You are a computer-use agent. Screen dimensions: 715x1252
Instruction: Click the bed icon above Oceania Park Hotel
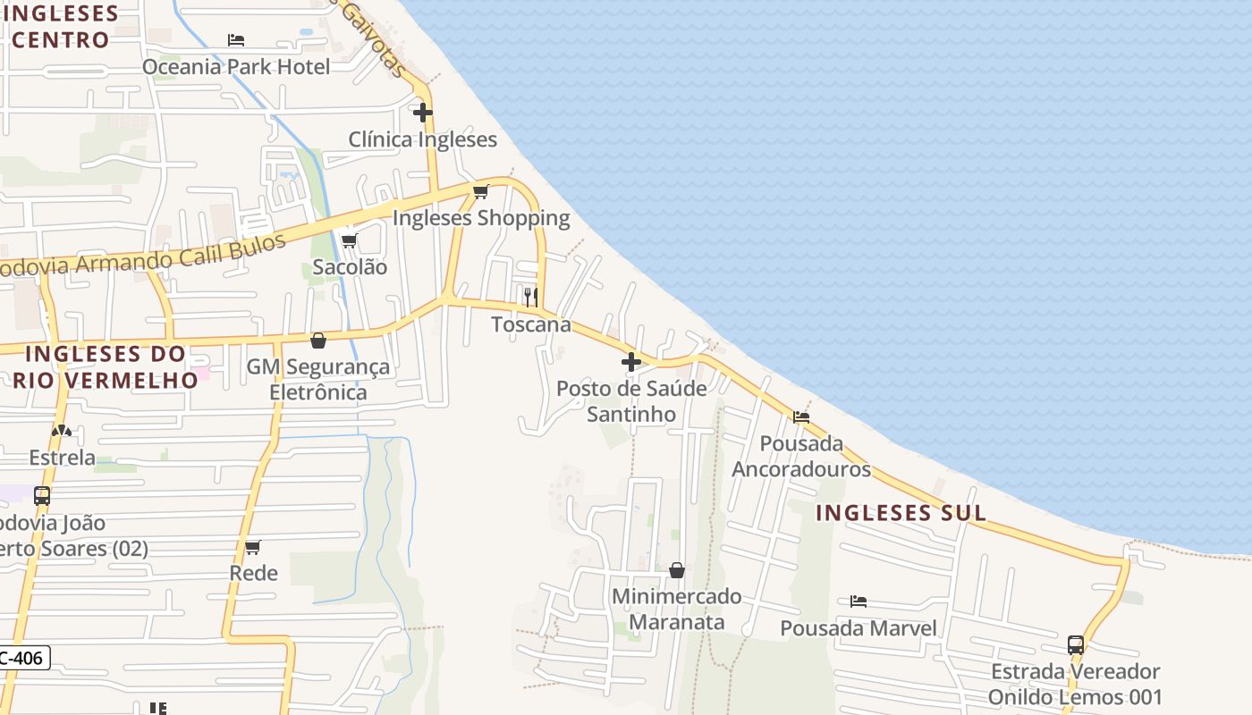tap(236, 40)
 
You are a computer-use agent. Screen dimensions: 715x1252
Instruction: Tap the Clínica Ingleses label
tap(422, 139)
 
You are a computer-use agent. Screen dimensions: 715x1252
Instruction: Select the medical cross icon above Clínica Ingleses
tap(423, 113)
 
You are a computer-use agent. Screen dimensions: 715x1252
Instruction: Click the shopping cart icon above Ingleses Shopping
tap(481, 191)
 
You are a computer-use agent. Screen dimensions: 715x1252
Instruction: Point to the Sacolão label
tap(350, 266)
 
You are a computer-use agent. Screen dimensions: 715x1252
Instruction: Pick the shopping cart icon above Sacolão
tap(350, 240)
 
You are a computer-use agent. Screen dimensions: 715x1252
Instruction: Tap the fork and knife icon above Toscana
tap(531, 297)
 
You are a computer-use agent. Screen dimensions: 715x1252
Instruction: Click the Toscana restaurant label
tap(531, 324)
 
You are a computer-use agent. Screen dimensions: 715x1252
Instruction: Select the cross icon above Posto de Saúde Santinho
tap(631, 362)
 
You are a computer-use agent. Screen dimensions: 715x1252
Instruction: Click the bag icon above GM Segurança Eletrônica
tap(318, 341)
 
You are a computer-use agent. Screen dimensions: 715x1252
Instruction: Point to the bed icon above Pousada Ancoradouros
tap(801, 416)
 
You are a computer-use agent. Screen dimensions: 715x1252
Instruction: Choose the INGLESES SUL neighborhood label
tap(901, 513)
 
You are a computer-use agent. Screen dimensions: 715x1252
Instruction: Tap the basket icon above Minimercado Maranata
tap(677, 569)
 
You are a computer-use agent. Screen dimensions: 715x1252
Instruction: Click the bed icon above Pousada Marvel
tap(859, 601)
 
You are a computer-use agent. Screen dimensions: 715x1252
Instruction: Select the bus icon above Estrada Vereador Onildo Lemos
tap(1076, 644)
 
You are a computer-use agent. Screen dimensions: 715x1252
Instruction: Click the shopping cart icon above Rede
tap(253, 547)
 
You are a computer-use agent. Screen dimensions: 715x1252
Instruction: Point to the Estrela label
tap(62, 458)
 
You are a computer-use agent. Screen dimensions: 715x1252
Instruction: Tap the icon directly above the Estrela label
tap(62, 431)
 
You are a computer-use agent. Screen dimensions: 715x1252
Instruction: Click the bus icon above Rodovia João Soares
tap(42, 496)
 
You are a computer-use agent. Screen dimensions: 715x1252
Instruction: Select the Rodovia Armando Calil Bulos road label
tap(143, 257)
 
